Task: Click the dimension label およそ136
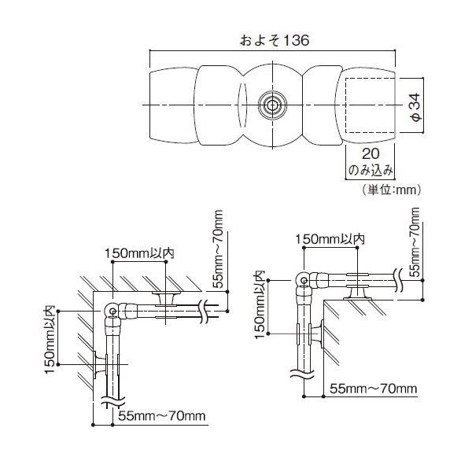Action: tap(275, 41)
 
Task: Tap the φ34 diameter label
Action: tap(416, 107)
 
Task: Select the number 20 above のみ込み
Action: tap(371, 154)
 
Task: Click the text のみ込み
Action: tap(371, 170)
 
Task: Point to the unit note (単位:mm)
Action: tap(391, 190)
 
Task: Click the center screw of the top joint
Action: tap(272, 105)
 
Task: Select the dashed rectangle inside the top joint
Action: tap(370, 105)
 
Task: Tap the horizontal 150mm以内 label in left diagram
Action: tap(140, 253)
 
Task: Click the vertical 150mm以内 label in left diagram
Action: tap(50, 340)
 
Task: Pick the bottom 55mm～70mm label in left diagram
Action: tap(162, 416)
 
